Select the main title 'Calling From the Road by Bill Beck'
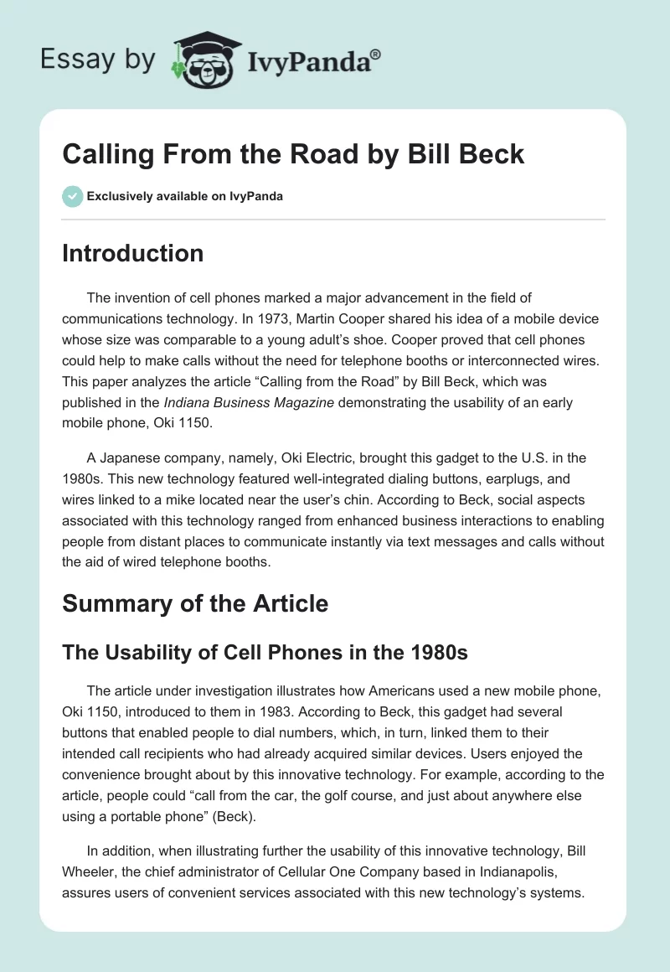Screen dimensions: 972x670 point(293,154)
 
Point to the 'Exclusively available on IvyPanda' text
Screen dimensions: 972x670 point(184,196)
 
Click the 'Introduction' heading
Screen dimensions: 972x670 point(132,253)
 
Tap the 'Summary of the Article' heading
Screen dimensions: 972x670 point(194,603)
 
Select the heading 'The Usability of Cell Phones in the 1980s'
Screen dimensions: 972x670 point(265,653)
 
